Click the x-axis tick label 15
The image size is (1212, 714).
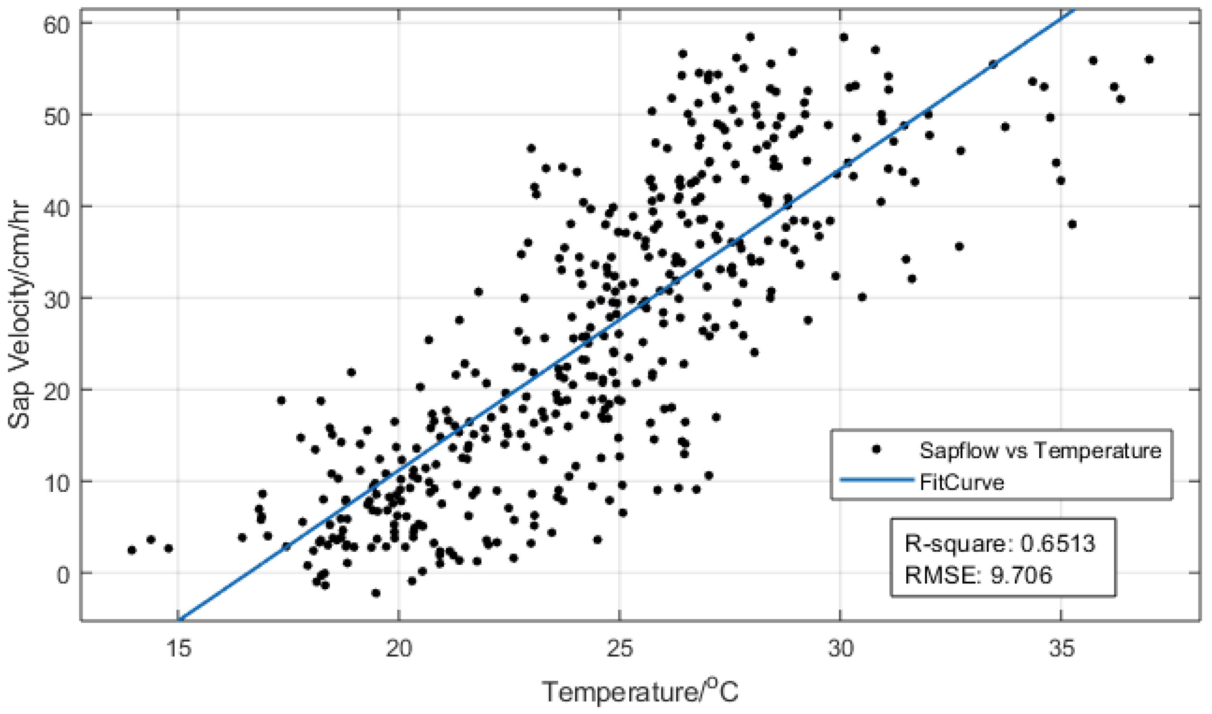pyautogui.click(x=179, y=649)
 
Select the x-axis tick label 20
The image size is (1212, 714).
pyautogui.click(x=399, y=649)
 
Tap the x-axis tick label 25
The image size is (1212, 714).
pyautogui.click(x=620, y=649)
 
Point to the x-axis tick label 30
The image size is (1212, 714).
pyautogui.click(x=840, y=649)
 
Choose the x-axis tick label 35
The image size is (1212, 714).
pyautogui.click(x=1061, y=649)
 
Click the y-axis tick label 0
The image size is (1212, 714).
pyautogui.click(x=63, y=574)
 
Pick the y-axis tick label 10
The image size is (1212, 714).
pyautogui.click(x=57, y=483)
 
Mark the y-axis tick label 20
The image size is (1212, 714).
pyautogui.click(x=57, y=391)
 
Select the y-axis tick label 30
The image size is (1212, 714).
pyautogui.click(x=57, y=299)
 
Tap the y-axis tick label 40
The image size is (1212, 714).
pyautogui.click(x=57, y=207)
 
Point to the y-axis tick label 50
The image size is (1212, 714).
pyautogui.click(x=57, y=116)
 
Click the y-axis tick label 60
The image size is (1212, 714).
pyautogui.click(x=57, y=24)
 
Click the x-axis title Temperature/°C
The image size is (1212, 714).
pyautogui.click(x=640, y=691)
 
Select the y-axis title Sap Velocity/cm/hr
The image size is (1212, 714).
pyautogui.click(x=19, y=315)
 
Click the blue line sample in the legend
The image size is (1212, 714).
pyautogui.click(x=876, y=480)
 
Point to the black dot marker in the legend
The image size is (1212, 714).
pyautogui.click(x=876, y=449)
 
